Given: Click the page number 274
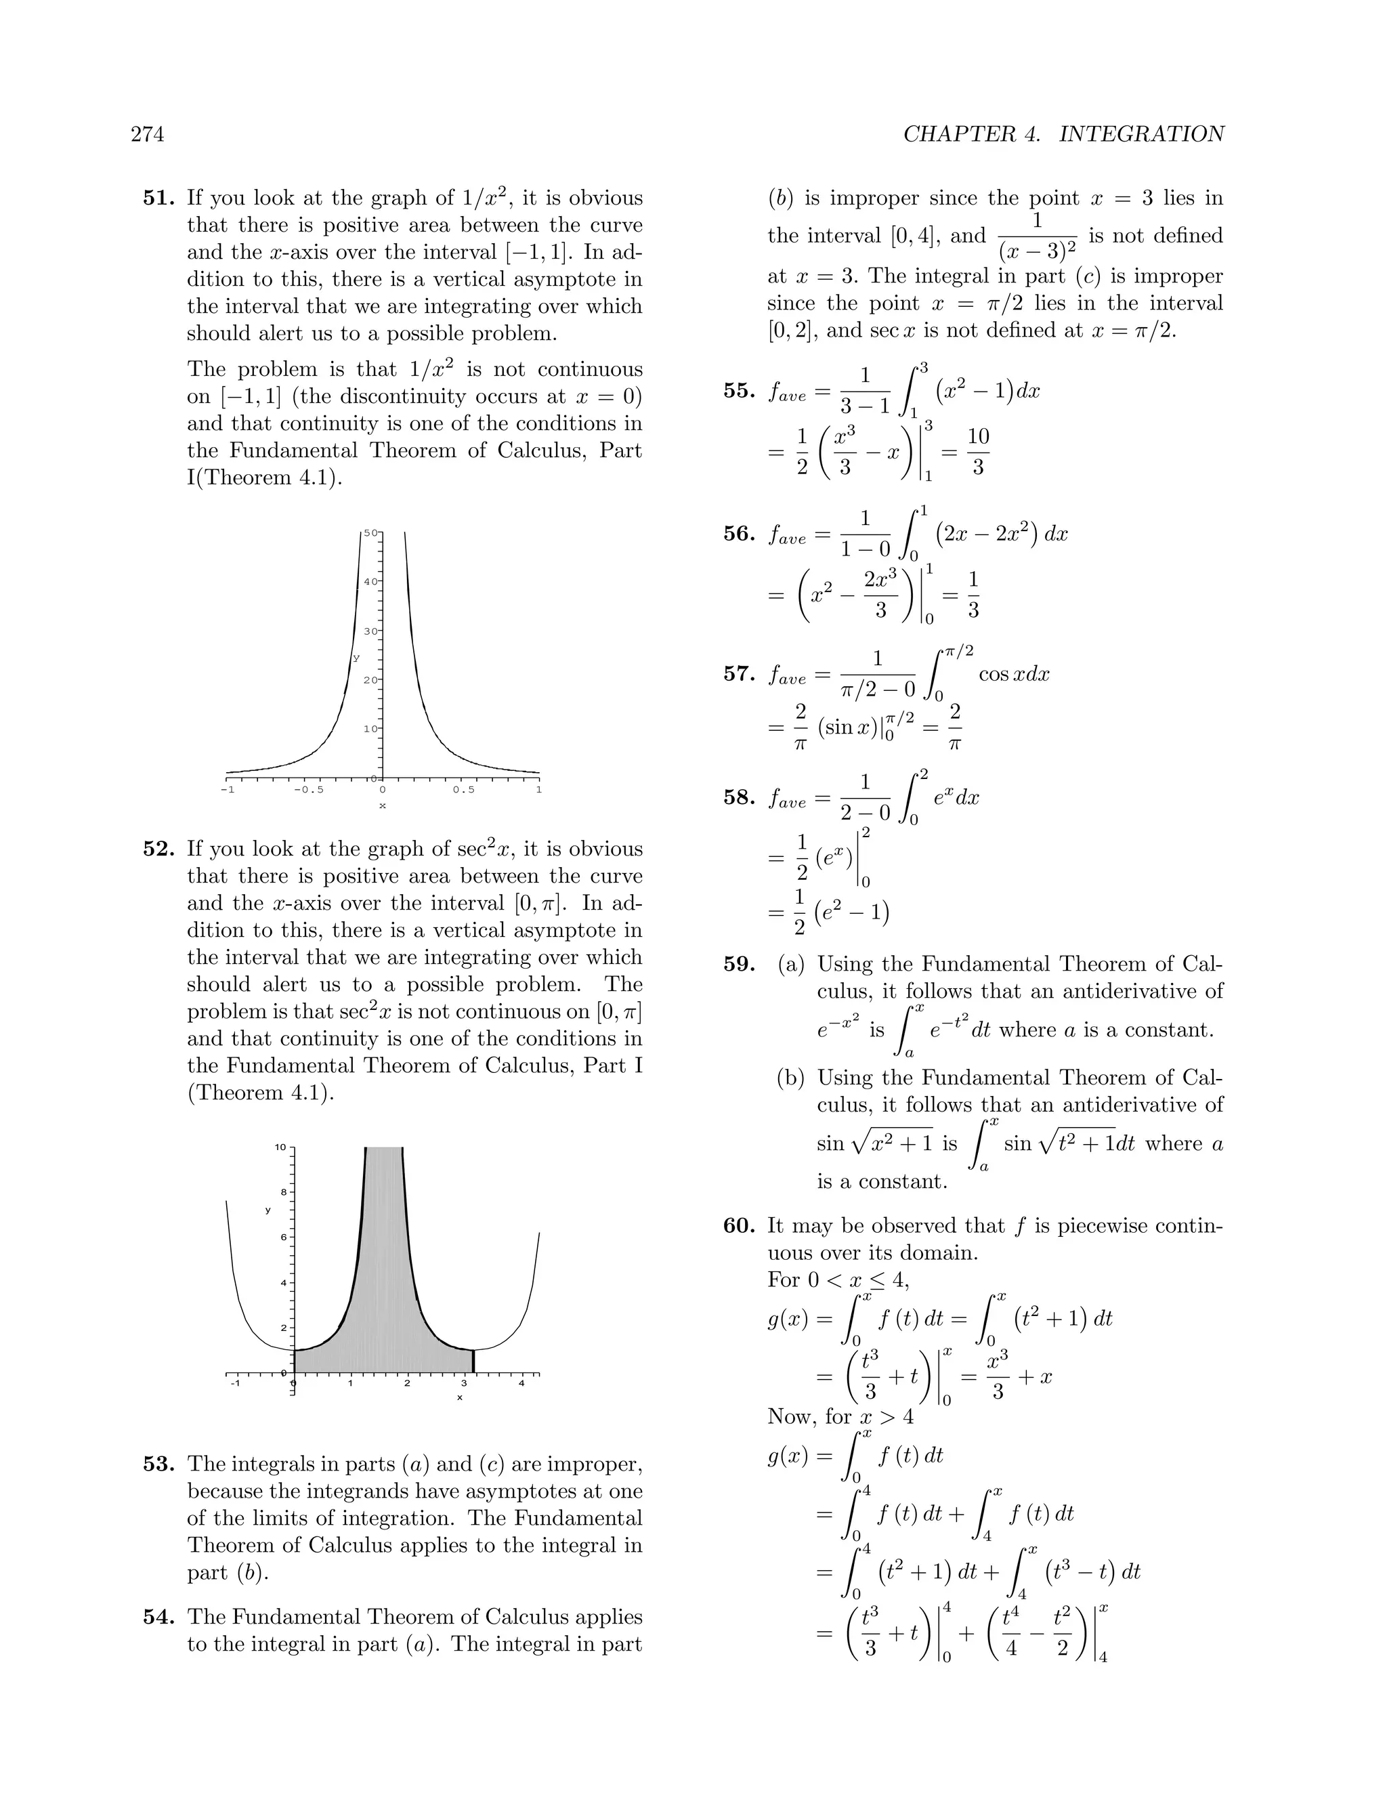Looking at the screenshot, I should click(x=147, y=134).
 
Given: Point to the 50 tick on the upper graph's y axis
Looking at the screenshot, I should click(x=370, y=533).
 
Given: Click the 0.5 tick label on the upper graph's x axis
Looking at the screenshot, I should click(x=463, y=790).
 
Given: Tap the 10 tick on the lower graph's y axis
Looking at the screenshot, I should click(x=281, y=1147).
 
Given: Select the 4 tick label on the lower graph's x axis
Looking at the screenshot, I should click(x=521, y=1384).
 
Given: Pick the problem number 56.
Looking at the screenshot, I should click(x=740, y=534).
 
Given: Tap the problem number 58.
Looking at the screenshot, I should click(x=740, y=797).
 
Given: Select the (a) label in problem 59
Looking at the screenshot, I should click(x=791, y=964).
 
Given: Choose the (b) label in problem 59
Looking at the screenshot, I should click(x=791, y=1078).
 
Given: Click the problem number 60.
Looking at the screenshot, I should click(x=740, y=1225).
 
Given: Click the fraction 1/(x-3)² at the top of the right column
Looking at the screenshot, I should click(x=1037, y=236).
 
